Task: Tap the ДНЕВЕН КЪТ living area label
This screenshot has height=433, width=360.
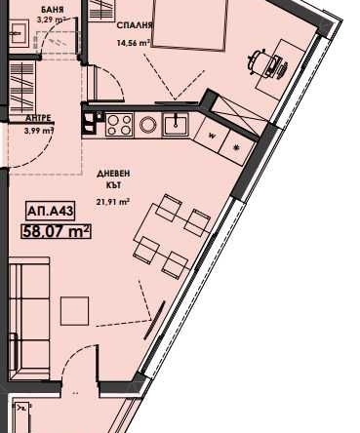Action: pos(112,179)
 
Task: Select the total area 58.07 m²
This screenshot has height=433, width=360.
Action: pos(56,231)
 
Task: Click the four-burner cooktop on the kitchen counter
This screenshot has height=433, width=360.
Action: pos(118,124)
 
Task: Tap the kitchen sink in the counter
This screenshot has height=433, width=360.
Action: pos(177,124)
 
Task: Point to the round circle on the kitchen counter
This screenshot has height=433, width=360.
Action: pos(148,125)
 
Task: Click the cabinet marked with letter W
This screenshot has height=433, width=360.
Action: pos(211,137)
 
